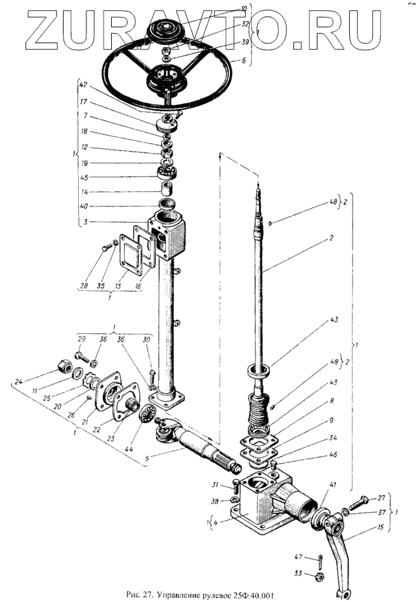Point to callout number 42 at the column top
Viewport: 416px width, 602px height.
click(x=84, y=84)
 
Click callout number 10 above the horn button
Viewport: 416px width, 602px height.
click(x=243, y=9)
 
